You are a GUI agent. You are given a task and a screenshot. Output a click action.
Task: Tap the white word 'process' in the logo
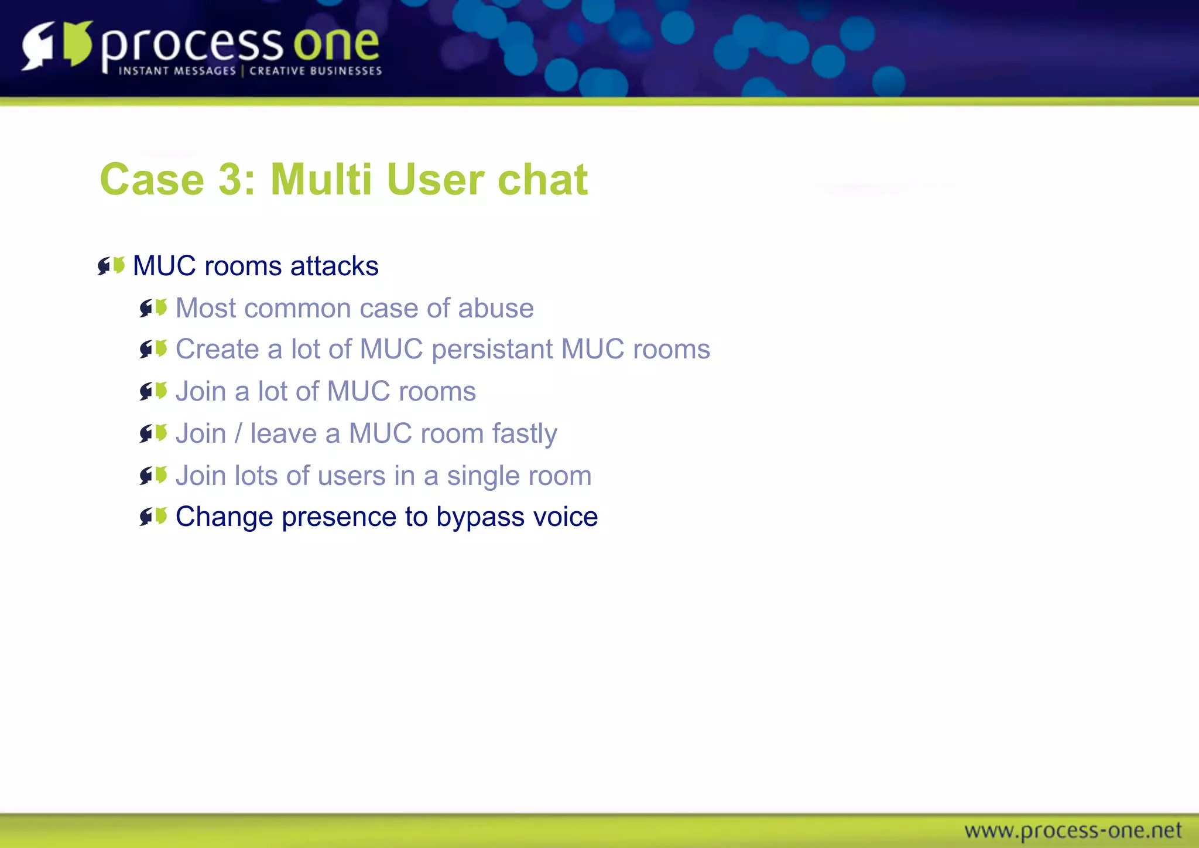pos(192,47)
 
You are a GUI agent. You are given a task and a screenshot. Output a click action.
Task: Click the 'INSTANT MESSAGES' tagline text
pos(177,71)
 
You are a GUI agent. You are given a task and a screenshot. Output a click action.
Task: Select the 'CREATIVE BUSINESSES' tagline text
pos(316,71)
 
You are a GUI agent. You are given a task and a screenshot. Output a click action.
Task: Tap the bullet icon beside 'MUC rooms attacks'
pos(111,266)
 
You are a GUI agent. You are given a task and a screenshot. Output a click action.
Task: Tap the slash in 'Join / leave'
pos(238,434)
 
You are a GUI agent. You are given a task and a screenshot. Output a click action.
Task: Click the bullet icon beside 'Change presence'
pos(153,517)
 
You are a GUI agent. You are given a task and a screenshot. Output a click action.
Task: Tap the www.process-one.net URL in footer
pos(1073,830)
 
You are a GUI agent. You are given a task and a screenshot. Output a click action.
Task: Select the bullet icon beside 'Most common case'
pos(153,308)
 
